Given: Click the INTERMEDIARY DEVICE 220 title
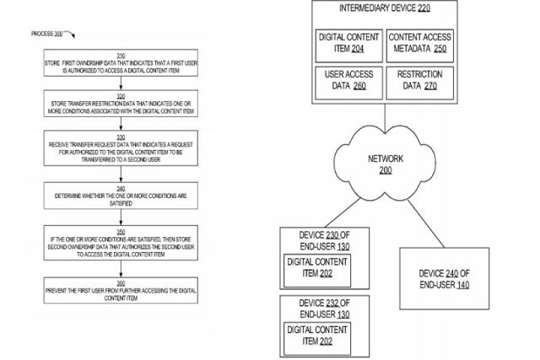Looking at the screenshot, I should click(x=384, y=10).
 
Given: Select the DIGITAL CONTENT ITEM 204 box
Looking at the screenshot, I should click(x=348, y=43).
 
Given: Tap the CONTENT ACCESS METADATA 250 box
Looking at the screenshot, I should click(x=419, y=43).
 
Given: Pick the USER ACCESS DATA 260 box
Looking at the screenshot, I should click(x=348, y=80).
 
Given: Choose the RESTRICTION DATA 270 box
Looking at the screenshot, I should click(x=419, y=80).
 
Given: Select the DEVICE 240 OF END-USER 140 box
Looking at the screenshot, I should click(x=443, y=279).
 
